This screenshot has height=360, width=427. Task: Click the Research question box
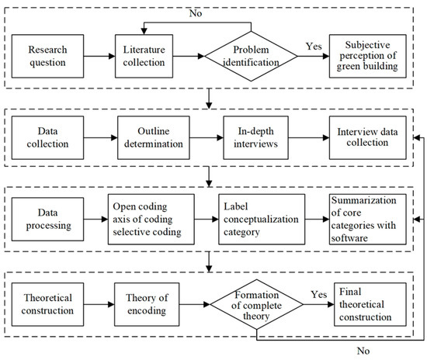click(47, 56)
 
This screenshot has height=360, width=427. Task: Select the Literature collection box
click(144, 56)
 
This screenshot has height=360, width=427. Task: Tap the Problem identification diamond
click(251, 56)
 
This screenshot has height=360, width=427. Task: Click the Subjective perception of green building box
click(368, 56)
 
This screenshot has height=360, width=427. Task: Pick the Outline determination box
click(154, 137)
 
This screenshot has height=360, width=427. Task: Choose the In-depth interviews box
click(255, 137)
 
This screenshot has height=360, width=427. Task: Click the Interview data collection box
click(368, 137)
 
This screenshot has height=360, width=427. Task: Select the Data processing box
click(47, 220)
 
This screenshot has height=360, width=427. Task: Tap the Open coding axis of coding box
click(151, 220)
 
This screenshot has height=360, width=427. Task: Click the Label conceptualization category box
click(262, 220)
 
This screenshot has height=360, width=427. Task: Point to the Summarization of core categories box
click(368, 220)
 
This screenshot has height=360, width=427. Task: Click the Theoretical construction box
click(47, 304)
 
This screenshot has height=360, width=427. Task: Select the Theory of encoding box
click(147, 304)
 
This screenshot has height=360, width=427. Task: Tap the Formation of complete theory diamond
click(256, 304)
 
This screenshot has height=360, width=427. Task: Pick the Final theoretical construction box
click(370, 304)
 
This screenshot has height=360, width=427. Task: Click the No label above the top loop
click(196, 13)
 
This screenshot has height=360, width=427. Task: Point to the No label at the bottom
click(363, 351)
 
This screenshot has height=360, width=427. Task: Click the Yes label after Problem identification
click(314, 47)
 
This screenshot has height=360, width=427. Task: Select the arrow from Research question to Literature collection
click(99, 56)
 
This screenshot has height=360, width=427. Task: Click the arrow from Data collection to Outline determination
click(101, 137)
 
